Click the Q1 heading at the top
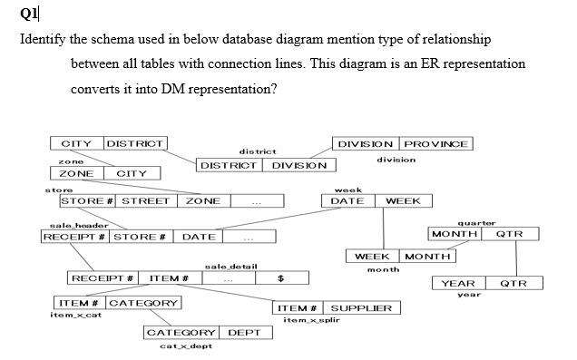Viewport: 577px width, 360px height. click(28, 15)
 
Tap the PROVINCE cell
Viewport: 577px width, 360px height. click(436, 144)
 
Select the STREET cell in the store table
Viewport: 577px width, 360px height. click(146, 201)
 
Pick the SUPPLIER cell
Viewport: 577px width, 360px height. click(361, 308)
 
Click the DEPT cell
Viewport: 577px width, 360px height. click(244, 333)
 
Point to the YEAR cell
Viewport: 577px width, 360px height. click(458, 284)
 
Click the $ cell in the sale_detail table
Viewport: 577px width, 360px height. click(281, 277)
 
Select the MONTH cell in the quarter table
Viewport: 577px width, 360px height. click(455, 234)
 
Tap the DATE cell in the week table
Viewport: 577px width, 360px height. click(347, 201)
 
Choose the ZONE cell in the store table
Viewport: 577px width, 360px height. click(203, 201)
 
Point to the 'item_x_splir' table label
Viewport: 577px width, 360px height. click(311, 321)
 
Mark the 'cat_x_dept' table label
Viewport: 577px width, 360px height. click(186, 346)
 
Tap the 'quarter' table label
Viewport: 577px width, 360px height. click(476, 222)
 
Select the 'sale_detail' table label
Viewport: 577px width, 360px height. click(231, 266)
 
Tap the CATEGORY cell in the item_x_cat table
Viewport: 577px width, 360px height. click(143, 302)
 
